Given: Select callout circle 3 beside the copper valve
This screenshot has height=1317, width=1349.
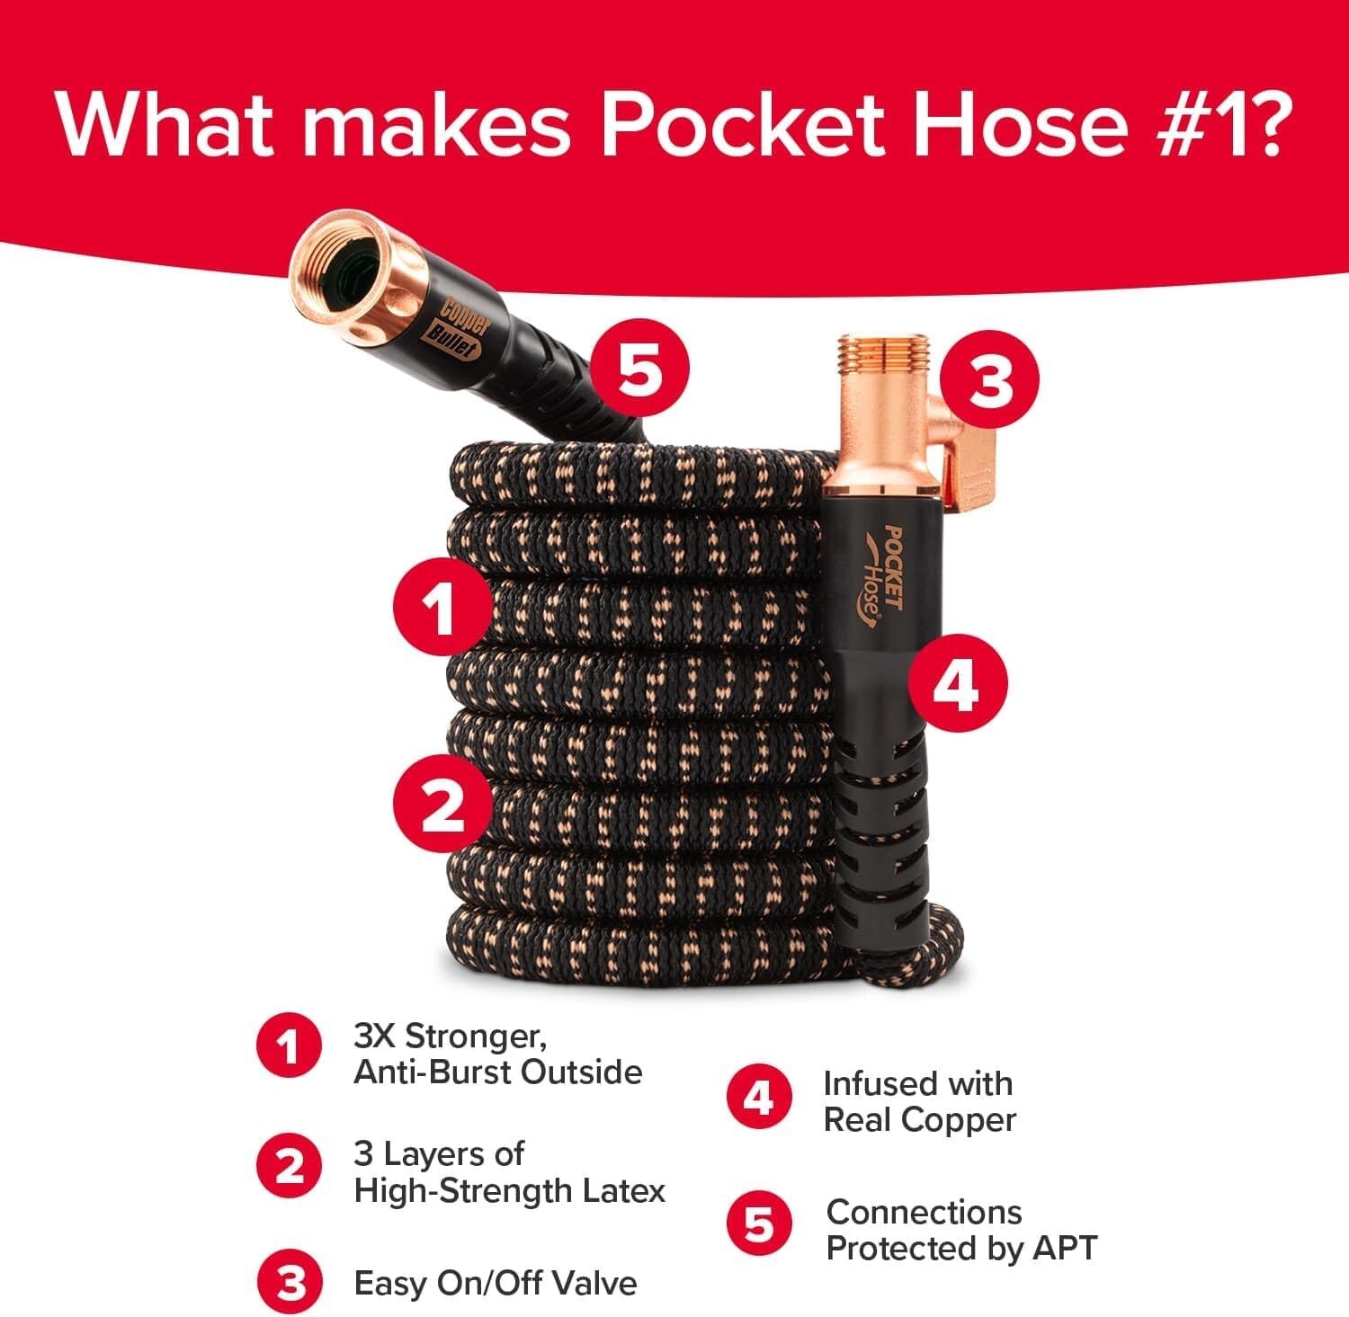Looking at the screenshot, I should (x=989, y=381).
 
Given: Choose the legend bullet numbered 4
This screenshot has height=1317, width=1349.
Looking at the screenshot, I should (x=760, y=1099).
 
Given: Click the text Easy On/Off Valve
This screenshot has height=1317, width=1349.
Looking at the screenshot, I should (x=495, y=1283).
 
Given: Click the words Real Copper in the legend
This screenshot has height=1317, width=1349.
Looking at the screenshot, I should (x=919, y=1120).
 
